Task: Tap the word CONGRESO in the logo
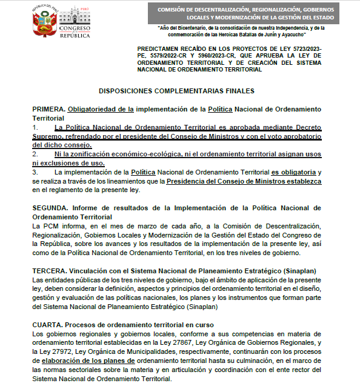(x=75, y=28)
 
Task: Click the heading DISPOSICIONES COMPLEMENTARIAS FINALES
(x=176, y=90)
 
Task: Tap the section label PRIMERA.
(x=48, y=108)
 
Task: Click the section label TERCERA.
(x=50, y=270)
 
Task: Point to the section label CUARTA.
(x=48, y=325)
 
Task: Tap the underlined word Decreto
(x=305, y=128)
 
